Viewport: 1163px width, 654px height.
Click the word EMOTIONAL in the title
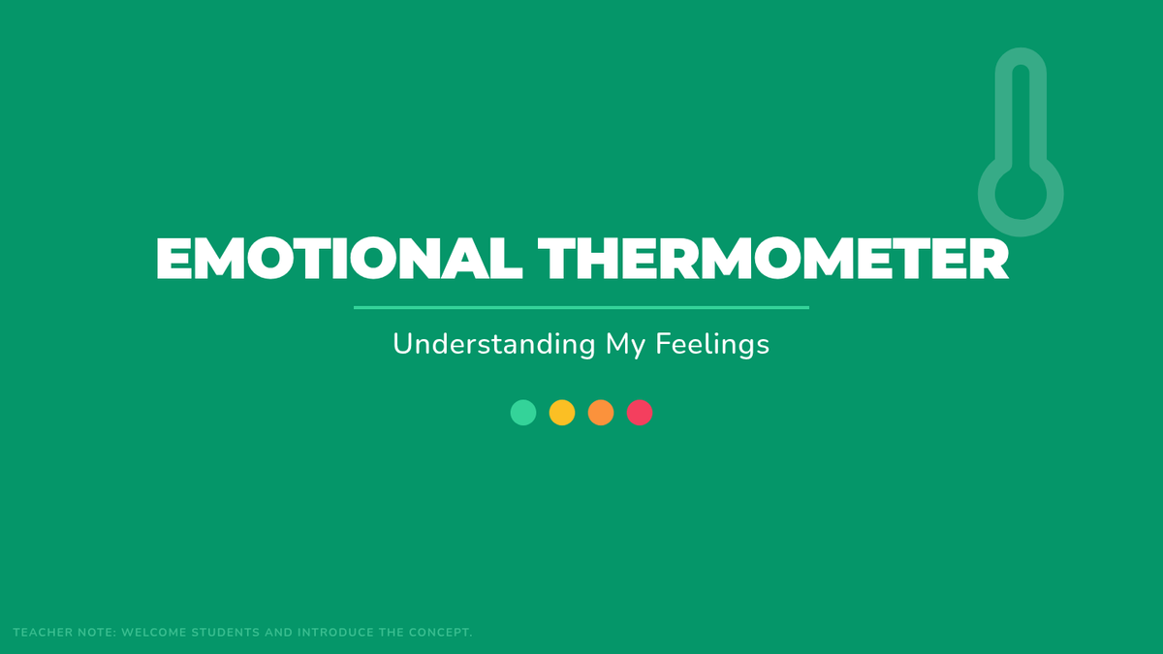[339, 259]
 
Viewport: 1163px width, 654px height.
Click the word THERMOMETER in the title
[773, 259]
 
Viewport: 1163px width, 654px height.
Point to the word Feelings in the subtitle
[712, 345]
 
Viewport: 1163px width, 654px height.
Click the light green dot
[523, 413]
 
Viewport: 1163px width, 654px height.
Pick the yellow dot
[562, 413]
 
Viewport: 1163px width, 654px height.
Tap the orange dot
[601, 413]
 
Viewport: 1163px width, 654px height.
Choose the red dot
[640, 413]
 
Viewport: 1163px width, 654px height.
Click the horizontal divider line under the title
[581, 308]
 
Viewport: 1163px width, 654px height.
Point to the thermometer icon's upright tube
[1004, 114]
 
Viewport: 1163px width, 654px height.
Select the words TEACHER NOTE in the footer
[65, 633]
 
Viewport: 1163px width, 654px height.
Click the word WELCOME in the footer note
[154, 633]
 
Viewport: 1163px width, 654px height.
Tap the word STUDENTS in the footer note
[226, 633]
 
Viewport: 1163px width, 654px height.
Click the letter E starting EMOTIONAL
[173, 259]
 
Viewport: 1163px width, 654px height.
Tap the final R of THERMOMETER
[990, 259]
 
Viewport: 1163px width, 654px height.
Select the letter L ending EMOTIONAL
[507, 259]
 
